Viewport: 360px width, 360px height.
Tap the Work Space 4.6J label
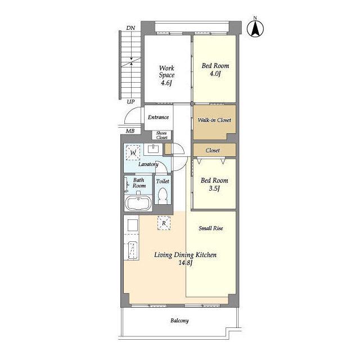(x=166, y=75)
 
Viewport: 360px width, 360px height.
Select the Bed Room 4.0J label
(x=215, y=70)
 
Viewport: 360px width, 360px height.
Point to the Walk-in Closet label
(x=214, y=120)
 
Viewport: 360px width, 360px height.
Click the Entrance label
(x=158, y=117)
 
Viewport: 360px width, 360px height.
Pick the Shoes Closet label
(x=161, y=135)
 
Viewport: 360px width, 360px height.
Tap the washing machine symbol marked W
(x=133, y=152)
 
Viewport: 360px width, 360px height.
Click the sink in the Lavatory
(x=154, y=148)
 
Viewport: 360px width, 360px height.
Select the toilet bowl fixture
(x=163, y=196)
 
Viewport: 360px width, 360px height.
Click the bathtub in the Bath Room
(x=138, y=204)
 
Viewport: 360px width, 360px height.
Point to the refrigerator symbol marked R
(x=164, y=223)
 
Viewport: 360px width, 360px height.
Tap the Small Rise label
(x=211, y=228)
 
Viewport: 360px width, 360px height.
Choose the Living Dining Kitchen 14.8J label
(x=185, y=259)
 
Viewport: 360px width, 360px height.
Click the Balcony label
(x=179, y=321)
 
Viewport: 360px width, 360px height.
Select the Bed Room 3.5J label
(x=214, y=184)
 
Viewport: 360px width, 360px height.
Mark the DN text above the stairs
(x=130, y=28)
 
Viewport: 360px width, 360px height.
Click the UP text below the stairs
(x=131, y=102)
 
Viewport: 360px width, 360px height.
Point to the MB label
(x=130, y=131)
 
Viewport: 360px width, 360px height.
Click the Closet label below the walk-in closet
(x=213, y=150)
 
